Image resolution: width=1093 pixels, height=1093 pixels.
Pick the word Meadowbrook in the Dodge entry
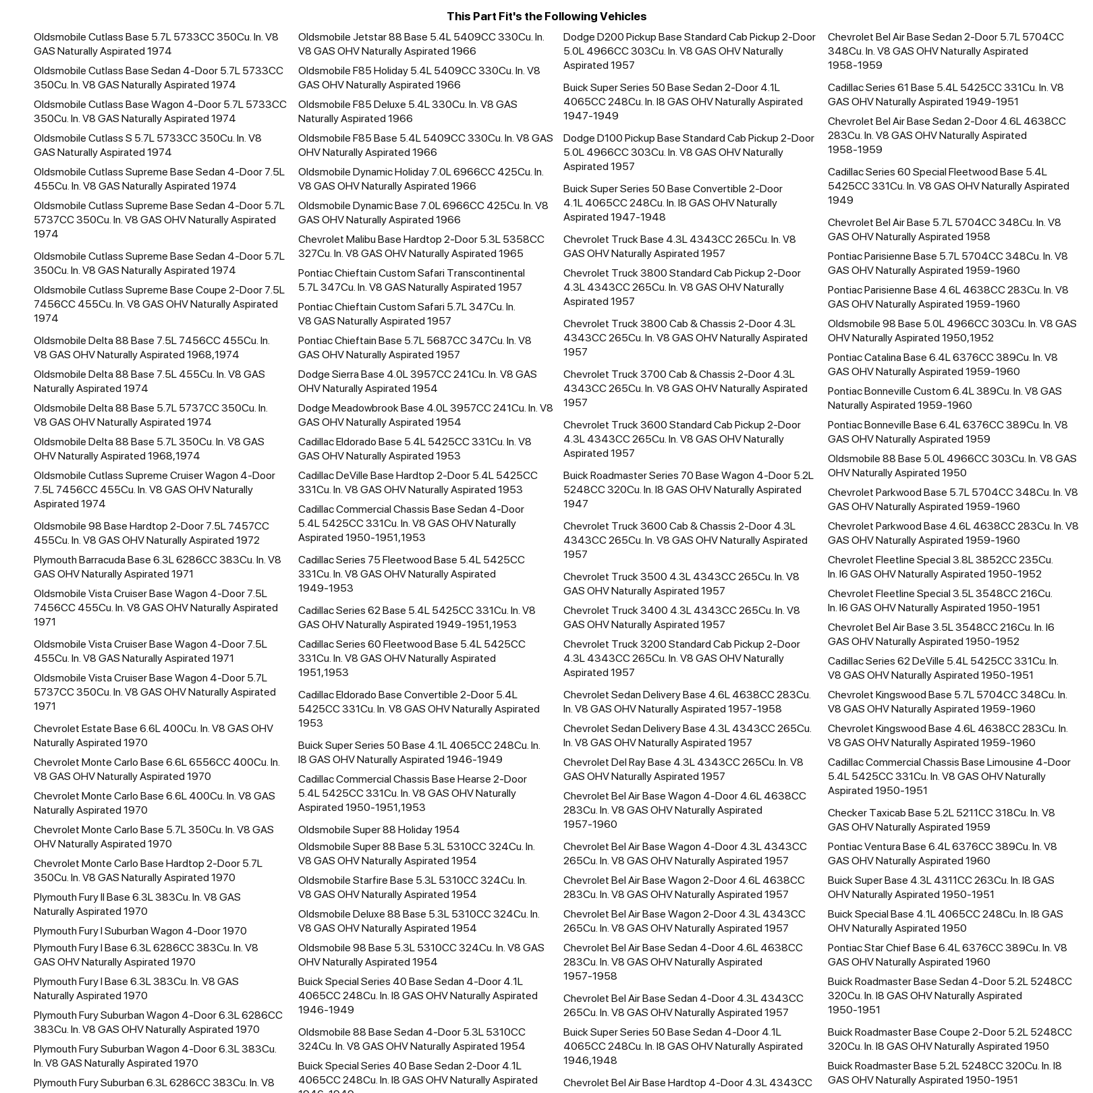pos(365,408)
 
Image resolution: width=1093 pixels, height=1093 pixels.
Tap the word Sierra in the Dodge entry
pos(347,374)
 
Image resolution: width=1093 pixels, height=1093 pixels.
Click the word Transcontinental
pos(484,273)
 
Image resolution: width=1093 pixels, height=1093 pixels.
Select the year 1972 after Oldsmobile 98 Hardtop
pos(247,540)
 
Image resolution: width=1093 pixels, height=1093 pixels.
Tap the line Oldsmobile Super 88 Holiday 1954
pos(379,829)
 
